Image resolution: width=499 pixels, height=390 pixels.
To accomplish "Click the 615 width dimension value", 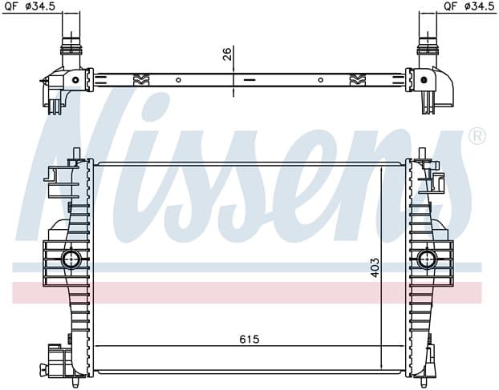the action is [x=249, y=340].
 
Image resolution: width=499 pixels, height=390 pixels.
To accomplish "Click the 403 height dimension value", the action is [x=375, y=267].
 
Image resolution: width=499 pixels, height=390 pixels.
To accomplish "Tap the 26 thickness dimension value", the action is [x=226, y=54].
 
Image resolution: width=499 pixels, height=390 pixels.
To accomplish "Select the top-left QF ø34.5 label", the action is [x=30, y=6].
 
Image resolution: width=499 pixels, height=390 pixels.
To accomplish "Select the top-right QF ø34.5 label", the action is [x=469, y=6].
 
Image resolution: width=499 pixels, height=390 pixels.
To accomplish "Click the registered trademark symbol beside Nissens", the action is [x=477, y=136].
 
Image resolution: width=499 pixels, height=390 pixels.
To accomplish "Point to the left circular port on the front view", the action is [x=71, y=259].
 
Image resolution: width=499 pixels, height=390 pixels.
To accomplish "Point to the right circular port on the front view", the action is [x=427, y=259].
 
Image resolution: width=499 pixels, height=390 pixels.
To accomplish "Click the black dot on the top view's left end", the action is [x=75, y=80].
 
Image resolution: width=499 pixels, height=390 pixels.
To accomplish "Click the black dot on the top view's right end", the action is [x=424, y=80].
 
